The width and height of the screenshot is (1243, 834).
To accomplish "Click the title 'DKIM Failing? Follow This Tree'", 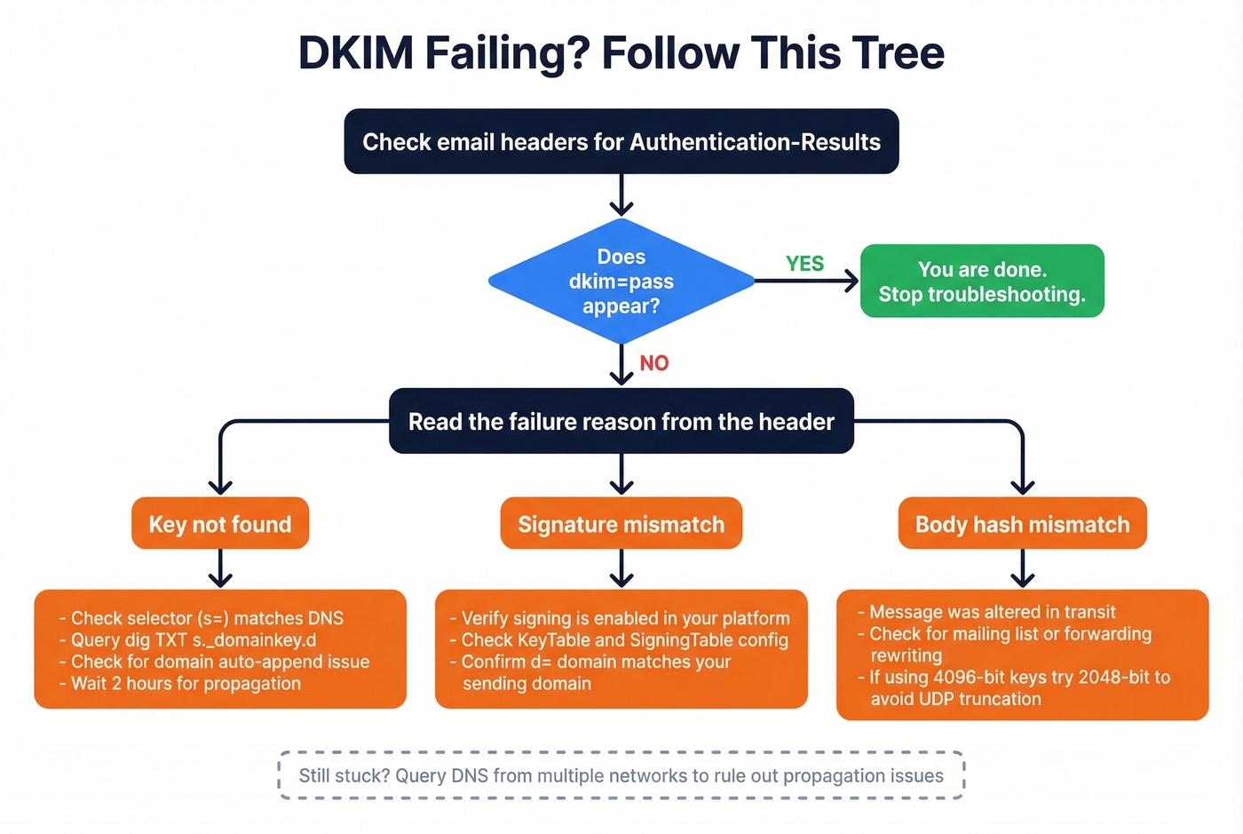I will point(621,53).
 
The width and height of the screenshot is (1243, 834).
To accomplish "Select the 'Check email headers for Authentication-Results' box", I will point(621,142).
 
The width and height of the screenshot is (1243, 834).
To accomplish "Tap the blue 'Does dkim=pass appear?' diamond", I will point(621,282).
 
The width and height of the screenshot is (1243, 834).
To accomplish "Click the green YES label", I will point(804,264).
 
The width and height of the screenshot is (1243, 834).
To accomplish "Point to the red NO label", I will point(654,363).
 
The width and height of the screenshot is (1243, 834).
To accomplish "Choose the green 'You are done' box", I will point(982,282).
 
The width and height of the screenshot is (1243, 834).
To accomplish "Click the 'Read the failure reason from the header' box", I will point(621,422).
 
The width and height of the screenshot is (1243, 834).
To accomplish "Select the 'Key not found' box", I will point(220,524).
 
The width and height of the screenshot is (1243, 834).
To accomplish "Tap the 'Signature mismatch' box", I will point(621,524).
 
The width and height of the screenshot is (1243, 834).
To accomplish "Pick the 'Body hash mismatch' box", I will point(1023,524).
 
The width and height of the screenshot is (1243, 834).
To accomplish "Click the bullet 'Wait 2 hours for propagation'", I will point(186,684).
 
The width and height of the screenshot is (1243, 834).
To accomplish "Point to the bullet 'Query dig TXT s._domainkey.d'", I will point(193,640).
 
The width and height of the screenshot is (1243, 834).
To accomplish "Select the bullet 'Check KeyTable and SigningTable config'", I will point(624,640).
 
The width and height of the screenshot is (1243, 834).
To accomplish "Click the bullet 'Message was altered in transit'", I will point(992,612).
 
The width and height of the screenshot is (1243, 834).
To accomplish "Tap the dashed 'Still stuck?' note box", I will point(621,775).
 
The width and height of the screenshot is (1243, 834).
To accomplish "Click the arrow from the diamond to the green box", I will point(806,282).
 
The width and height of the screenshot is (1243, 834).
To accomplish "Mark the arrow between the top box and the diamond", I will point(621,195).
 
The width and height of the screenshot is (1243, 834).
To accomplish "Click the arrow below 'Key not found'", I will point(220,568).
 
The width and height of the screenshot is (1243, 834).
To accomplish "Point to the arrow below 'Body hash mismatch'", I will point(1023,568).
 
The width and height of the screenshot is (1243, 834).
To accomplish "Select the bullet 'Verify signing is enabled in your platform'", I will point(625,618).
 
